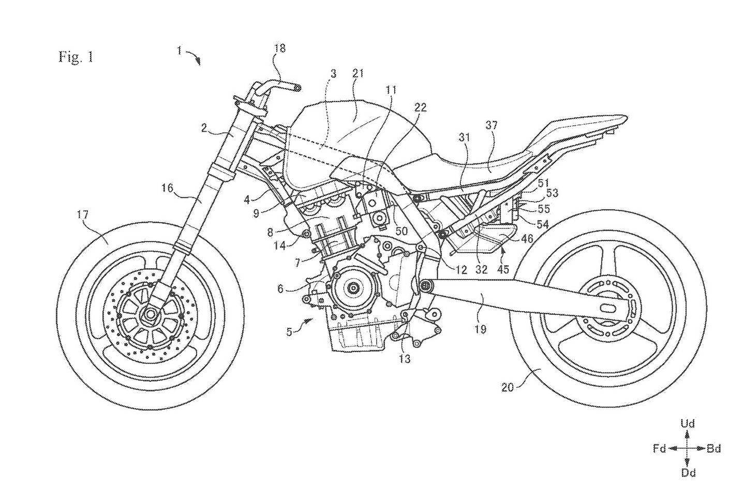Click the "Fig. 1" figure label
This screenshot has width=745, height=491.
pyautogui.click(x=76, y=57)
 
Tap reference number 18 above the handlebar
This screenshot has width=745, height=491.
pyautogui.click(x=279, y=49)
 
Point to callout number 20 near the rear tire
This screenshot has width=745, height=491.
pyautogui.click(x=508, y=386)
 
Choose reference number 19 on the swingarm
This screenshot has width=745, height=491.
pyautogui.click(x=481, y=328)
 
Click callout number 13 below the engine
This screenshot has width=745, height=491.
pyautogui.click(x=405, y=357)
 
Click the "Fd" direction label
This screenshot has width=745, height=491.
pyautogui.click(x=659, y=449)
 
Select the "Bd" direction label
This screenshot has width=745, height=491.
pyautogui.click(x=714, y=449)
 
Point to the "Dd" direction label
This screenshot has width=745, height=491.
pyautogui.click(x=688, y=472)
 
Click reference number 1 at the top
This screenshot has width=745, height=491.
pyautogui.click(x=179, y=50)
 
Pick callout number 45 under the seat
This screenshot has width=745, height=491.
pyautogui.click(x=503, y=269)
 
